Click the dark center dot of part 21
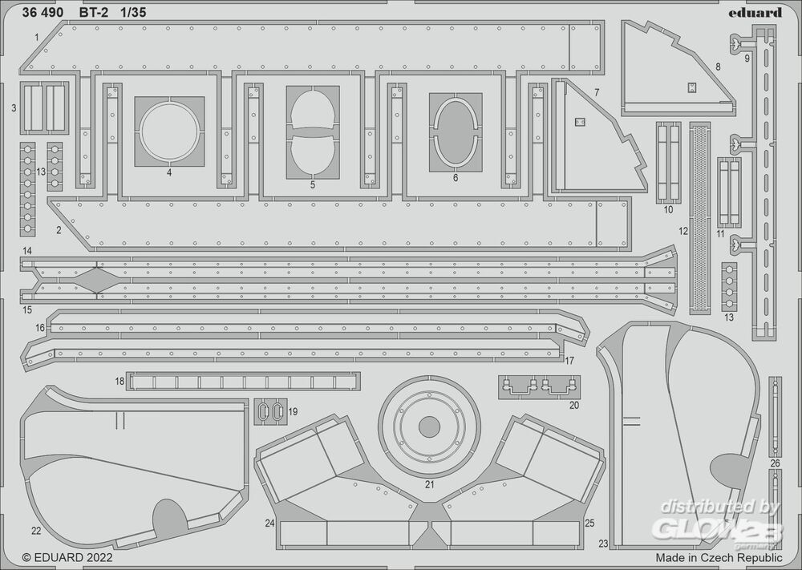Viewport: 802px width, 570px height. click(x=429, y=426)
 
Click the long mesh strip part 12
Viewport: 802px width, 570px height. click(x=700, y=216)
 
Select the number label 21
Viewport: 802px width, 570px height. click(x=429, y=484)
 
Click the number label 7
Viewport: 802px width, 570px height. click(x=597, y=93)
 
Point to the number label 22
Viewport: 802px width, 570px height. click(x=35, y=530)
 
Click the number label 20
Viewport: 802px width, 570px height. click(x=573, y=405)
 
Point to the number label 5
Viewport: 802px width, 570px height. click(x=312, y=185)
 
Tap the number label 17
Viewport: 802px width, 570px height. click(x=569, y=361)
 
